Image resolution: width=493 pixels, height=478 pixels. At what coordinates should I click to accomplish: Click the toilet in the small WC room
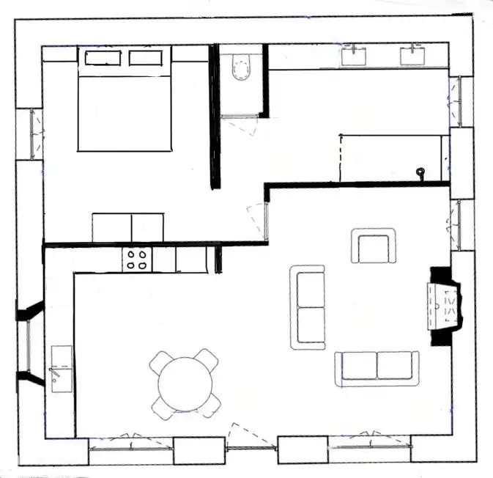[240, 68]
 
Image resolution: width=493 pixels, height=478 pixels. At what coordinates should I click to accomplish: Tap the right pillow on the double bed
[147, 58]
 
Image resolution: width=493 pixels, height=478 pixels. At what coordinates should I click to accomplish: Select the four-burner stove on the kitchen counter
[136, 260]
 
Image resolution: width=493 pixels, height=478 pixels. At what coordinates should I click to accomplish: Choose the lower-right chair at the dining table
[210, 404]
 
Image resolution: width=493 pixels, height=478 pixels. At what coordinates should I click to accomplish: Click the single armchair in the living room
[374, 246]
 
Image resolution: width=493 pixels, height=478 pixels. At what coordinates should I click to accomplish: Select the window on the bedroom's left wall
[31, 133]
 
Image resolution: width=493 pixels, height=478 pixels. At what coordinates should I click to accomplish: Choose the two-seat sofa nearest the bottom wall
[377, 368]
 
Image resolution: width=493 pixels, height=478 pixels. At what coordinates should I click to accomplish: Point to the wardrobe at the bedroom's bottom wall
[128, 227]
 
